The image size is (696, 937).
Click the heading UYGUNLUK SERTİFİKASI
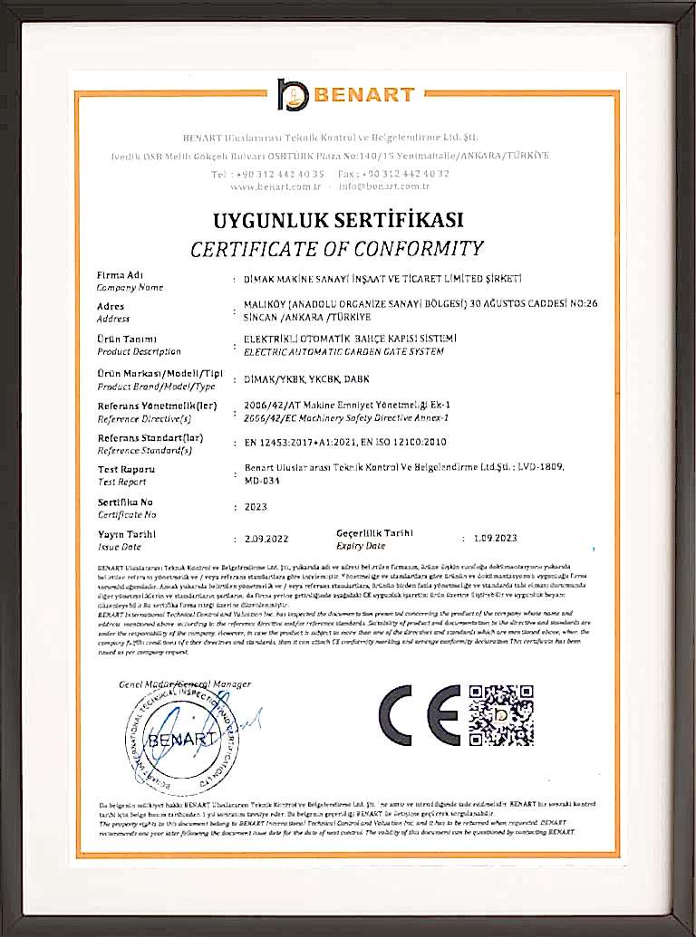click(x=338, y=220)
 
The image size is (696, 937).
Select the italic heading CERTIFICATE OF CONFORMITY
click(x=337, y=248)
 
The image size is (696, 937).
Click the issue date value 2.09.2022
click(x=266, y=539)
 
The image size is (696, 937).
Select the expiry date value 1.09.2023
click(x=495, y=538)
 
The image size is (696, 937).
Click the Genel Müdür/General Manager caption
click(x=185, y=684)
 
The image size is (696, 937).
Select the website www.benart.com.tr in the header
click(x=276, y=186)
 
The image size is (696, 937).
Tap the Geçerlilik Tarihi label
click(x=374, y=533)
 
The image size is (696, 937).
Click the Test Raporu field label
click(x=126, y=470)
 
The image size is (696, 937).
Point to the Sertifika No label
click(x=125, y=501)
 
